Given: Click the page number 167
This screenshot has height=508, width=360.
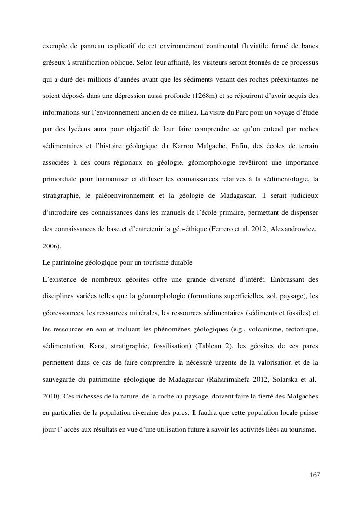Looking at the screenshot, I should pos(315,475).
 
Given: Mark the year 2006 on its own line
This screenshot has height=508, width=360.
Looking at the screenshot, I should pos(51,246).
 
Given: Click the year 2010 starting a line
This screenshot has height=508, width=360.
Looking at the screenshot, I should pos(51,397).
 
